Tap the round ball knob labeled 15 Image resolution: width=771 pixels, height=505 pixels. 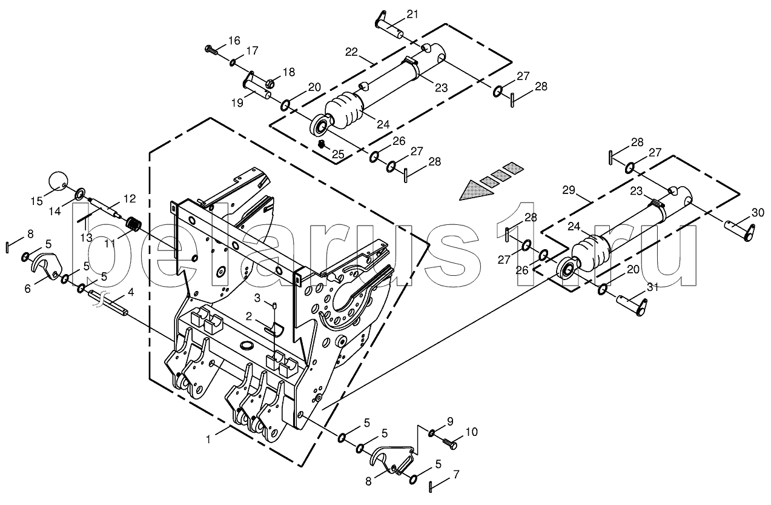(58, 180)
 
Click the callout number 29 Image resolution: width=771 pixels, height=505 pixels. (568, 190)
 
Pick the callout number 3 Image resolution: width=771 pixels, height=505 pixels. (257, 298)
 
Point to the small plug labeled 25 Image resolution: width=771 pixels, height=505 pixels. (322, 144)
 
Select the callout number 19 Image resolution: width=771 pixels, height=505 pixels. (238, 103)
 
